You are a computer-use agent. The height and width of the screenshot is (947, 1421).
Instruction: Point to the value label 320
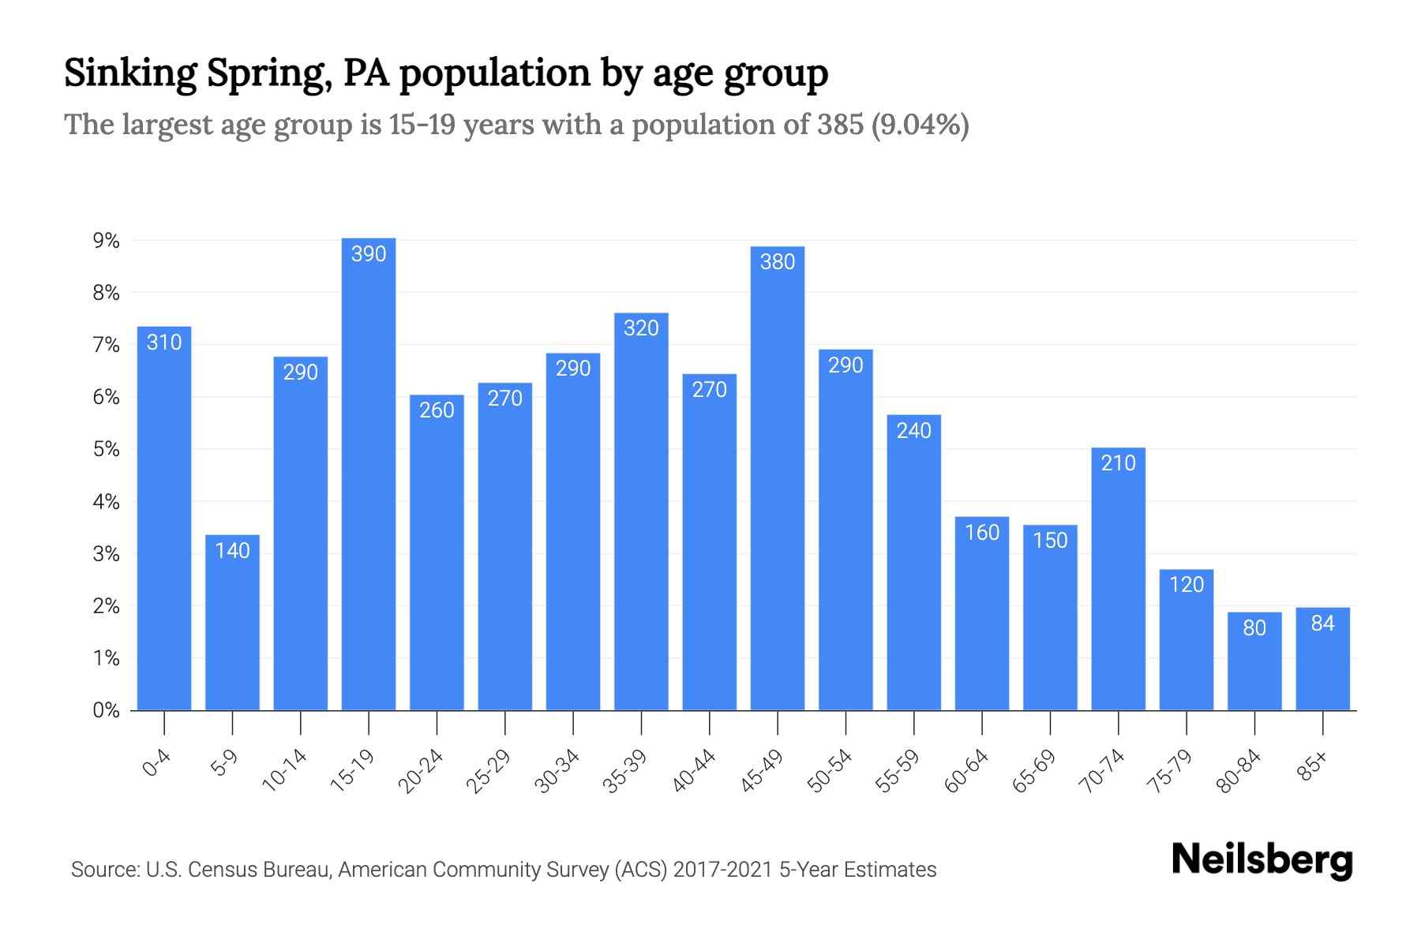pyautogui.click(x=641, y=328)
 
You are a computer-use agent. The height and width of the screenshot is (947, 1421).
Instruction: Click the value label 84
pyautogui.click(x=1322, y=623)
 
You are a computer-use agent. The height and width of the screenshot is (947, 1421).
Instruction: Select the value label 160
pyautogui.click(x=982, y=533)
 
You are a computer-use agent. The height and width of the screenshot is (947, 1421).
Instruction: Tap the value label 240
pyautogui.click(x=913, y=430)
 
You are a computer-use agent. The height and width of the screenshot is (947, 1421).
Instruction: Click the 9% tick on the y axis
pyautogui.click(x=106, y=241)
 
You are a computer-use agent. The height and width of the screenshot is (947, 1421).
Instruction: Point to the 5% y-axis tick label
pyautogui.click(x=106, y=450)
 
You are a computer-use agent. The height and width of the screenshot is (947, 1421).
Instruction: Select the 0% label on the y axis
pyautogui.click(x=106, y=710)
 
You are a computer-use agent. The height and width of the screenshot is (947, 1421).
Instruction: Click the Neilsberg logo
pyautogui.click(x=1262, y=860)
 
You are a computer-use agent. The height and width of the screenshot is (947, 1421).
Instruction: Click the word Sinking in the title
pyautogui.click(x=130, y=73)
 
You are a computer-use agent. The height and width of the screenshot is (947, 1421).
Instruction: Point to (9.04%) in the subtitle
pyautogui.click(x=920, y=125)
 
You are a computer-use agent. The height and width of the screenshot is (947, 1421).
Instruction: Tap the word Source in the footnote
pyautogui.click(x=102, y=870)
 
